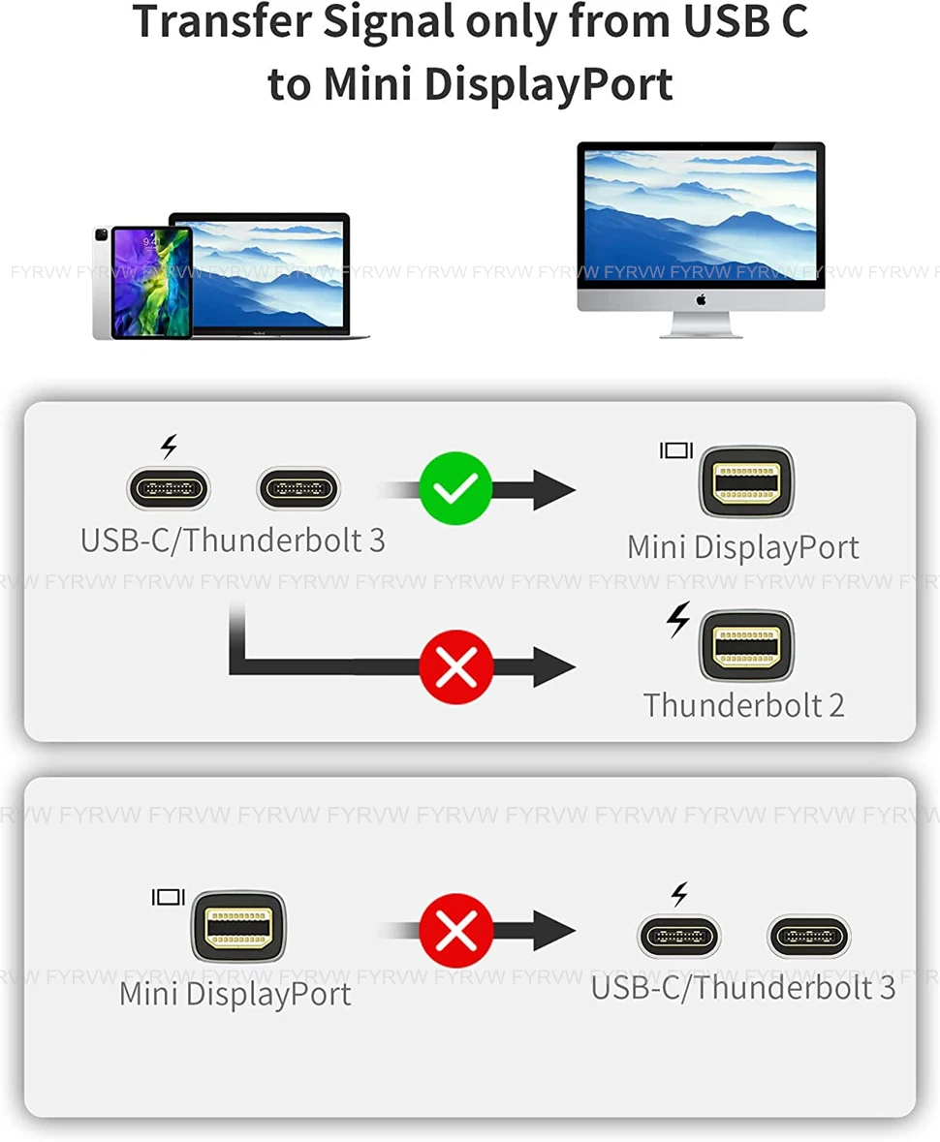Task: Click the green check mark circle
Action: tap(455, 488)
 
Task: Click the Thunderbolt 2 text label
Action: tap(743, 704)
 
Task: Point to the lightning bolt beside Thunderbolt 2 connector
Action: tap(679, 620)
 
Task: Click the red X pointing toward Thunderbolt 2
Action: tap(455, 666)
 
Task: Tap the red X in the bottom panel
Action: tap(455, 932)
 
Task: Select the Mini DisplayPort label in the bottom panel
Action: tap(235, 994)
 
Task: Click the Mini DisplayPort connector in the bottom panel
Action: tap(237, 926)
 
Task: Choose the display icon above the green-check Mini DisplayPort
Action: tap(676, 450)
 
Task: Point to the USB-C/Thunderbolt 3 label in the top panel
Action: tap(233, 540)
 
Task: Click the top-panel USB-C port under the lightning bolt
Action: tap(169, 488)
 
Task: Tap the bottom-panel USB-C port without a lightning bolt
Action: tap(809, 936)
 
